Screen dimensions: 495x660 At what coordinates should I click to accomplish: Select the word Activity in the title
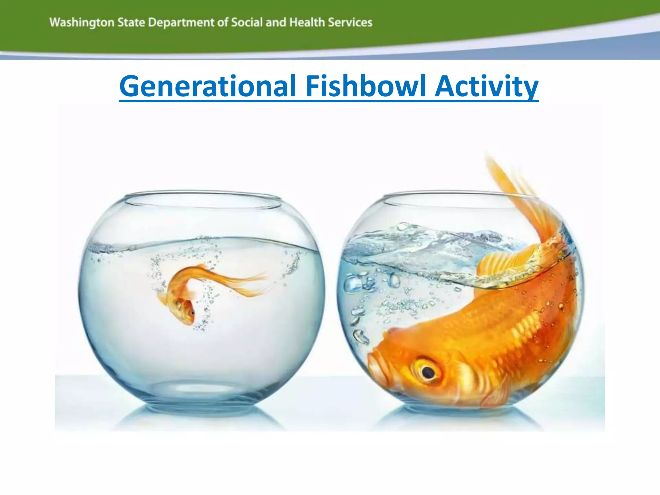coord(486,86)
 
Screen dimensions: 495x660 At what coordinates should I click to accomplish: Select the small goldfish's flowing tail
coord(238,284)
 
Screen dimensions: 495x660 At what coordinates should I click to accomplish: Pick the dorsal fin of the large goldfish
coord(503,261)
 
